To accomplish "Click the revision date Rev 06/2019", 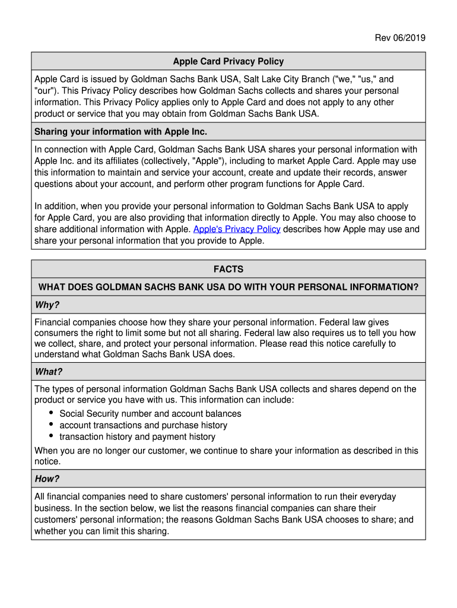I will coord(399,39).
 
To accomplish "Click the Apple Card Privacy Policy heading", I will coord(228,61).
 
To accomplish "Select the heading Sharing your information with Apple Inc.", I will coord(120,131).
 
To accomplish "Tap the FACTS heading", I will coord(228,269).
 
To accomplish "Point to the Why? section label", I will coord(47,305).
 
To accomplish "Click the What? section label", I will coord(48,372).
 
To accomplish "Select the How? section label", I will coord(47,479).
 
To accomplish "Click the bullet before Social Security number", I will coord(52,413).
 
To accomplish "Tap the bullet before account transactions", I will coord(52,425).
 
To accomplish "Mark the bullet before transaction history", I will coord(52,436).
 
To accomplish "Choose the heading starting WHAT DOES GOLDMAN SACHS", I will coord(228,287).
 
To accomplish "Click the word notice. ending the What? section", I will coord(47,461).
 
